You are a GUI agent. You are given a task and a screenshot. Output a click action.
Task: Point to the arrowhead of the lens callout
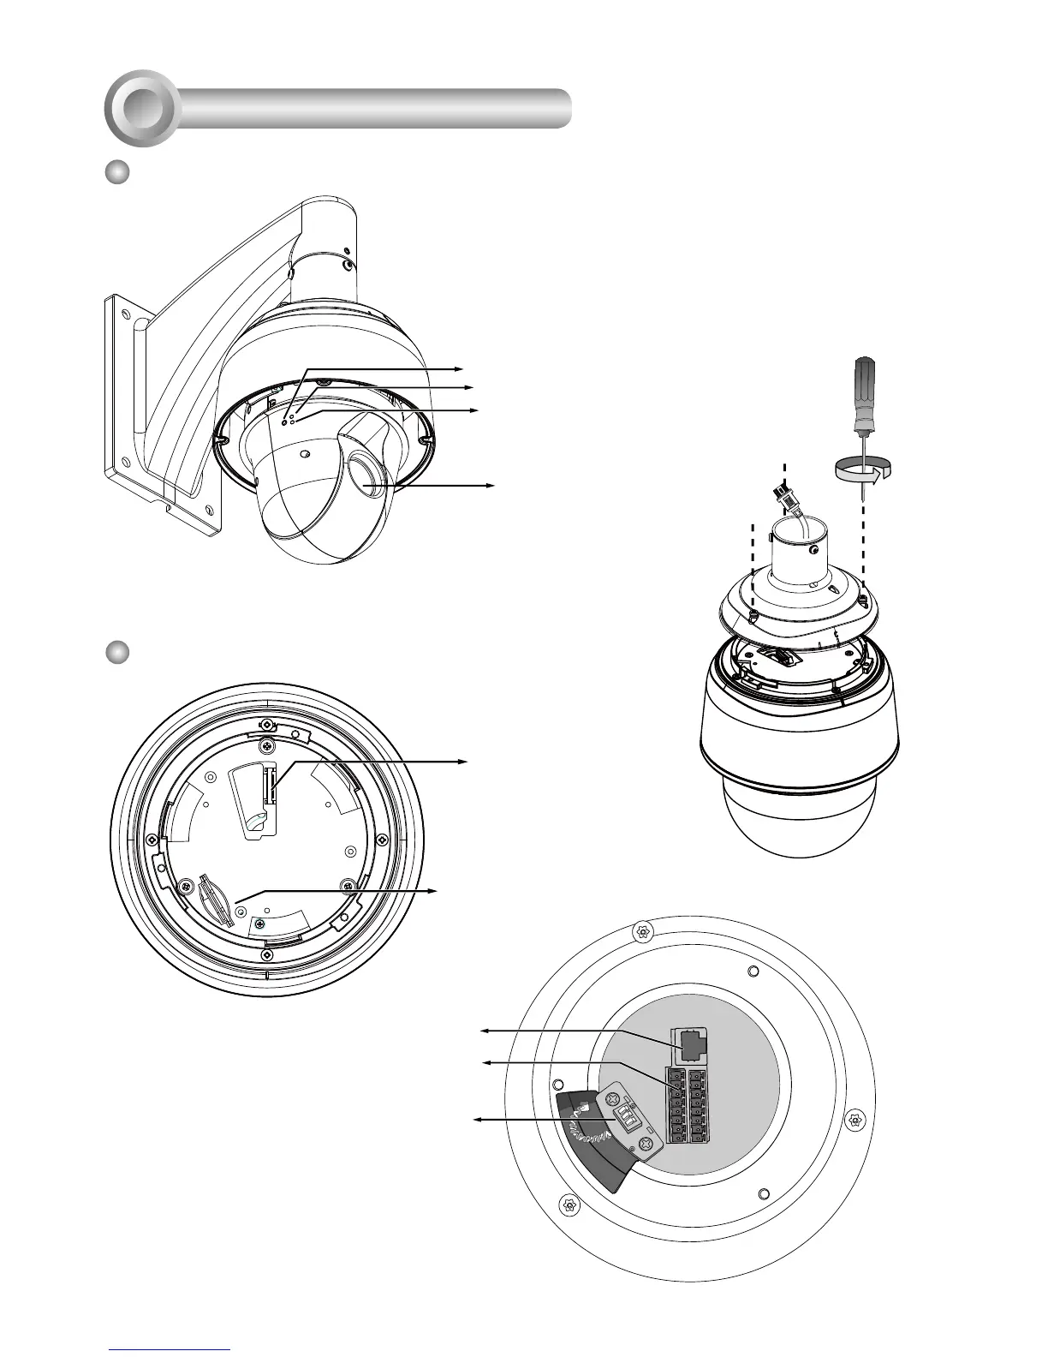coord(491,485)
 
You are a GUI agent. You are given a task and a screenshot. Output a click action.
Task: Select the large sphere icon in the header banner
coord(142,108)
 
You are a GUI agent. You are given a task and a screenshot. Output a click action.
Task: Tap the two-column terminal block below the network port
coord(688,1105)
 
